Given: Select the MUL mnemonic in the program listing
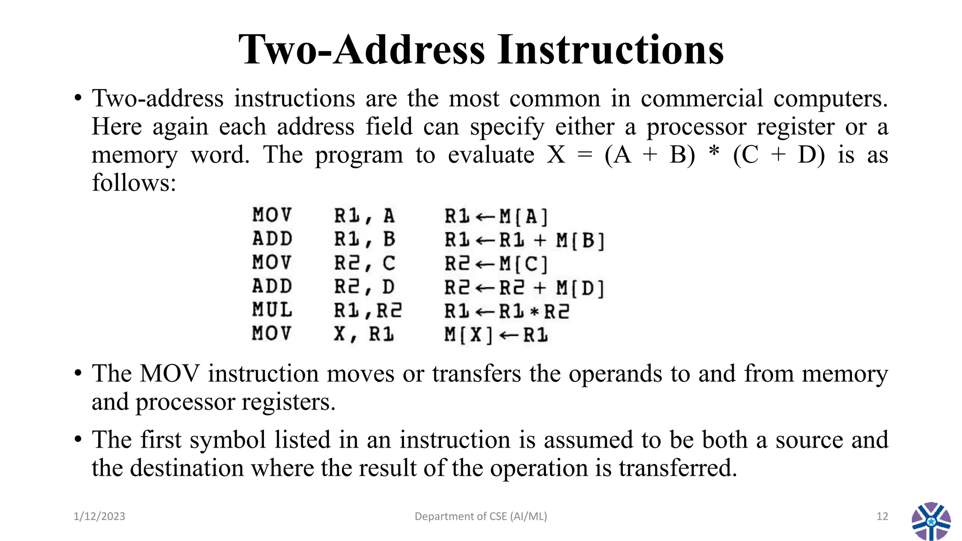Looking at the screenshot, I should pos(272,310).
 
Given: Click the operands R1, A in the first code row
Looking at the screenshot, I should pos(364,216).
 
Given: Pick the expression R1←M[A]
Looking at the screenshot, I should pos(496,216).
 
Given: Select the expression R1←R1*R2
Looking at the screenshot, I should pos(506,311).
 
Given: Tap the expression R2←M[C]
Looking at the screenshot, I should pos(496,264).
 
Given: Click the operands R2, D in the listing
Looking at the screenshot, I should pos(364,287).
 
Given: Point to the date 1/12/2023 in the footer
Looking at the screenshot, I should pos(100,517).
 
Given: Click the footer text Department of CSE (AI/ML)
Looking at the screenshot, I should pos(481,517).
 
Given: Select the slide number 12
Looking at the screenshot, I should pos(882,517).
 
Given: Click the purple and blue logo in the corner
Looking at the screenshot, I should pos(931,521).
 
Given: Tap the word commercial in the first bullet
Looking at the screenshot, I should pos(702,99).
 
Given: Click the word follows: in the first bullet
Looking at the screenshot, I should pos(134,183).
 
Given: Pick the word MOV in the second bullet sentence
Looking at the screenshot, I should pos(170,374).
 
